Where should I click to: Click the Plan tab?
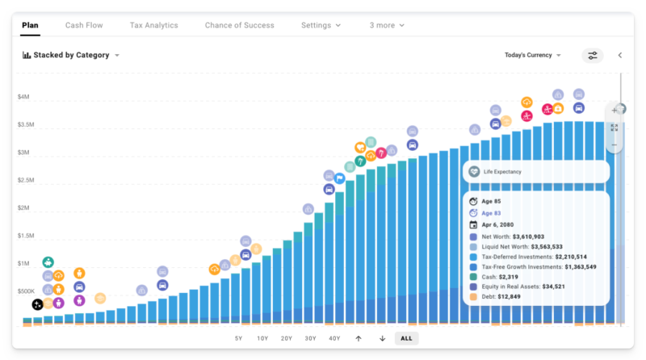(30, 25)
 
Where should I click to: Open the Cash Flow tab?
(84, 25)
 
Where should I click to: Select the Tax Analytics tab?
(153, 25)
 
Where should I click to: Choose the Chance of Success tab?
(239, 25)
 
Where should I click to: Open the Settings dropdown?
(321, 25)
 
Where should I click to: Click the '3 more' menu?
(387, 25)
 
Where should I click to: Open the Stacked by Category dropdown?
(72, 55)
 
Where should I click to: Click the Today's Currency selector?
(533, 55)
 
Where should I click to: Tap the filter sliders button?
(593, 55)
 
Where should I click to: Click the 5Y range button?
(238, 338)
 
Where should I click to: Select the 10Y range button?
(262, 338)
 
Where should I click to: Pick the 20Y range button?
(287, 338)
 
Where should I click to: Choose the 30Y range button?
(311, 338)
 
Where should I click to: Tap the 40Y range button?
(334, 338)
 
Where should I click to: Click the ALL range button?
(406, 338)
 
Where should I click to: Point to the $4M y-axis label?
(24, 97)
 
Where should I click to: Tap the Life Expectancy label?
(502, 172)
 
